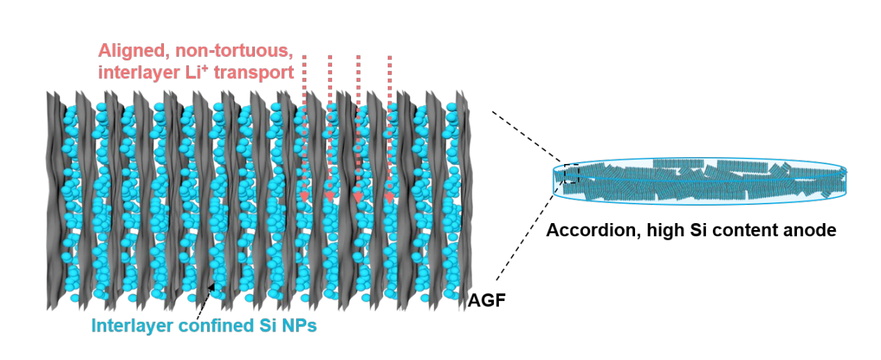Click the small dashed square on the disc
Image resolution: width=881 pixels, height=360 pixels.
coord(571,173)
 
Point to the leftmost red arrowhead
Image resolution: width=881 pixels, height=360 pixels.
coord(304,197)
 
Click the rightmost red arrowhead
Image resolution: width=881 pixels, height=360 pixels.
coord(389,198)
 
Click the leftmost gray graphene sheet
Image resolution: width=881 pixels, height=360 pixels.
coord(54,202)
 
